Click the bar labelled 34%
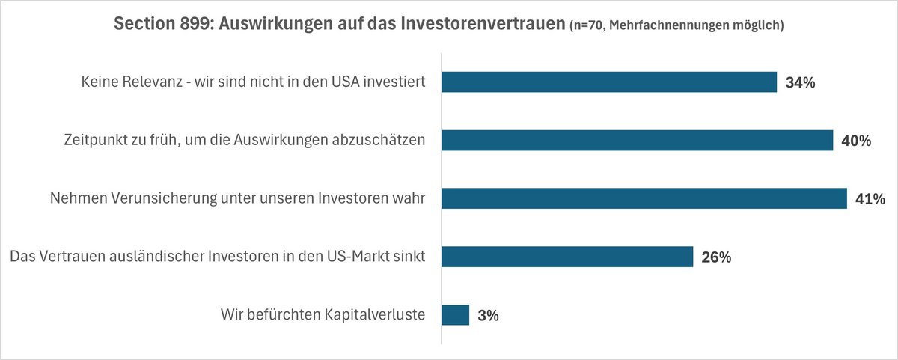609,82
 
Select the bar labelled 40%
637,140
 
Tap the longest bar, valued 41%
644,198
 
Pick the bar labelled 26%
567,257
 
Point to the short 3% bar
455,315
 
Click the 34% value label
800,82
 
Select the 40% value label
856,141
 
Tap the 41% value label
870,199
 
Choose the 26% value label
716,257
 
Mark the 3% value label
488,316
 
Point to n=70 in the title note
588,26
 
